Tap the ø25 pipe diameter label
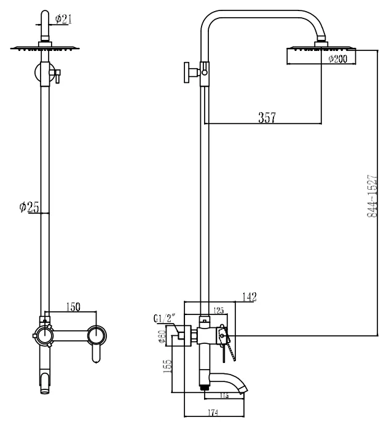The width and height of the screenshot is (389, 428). (29, 208)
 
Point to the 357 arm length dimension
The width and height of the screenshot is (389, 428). (266, 118)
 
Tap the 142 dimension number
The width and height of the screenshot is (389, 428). (248, 297)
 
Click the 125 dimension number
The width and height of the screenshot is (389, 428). (219, 311)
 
